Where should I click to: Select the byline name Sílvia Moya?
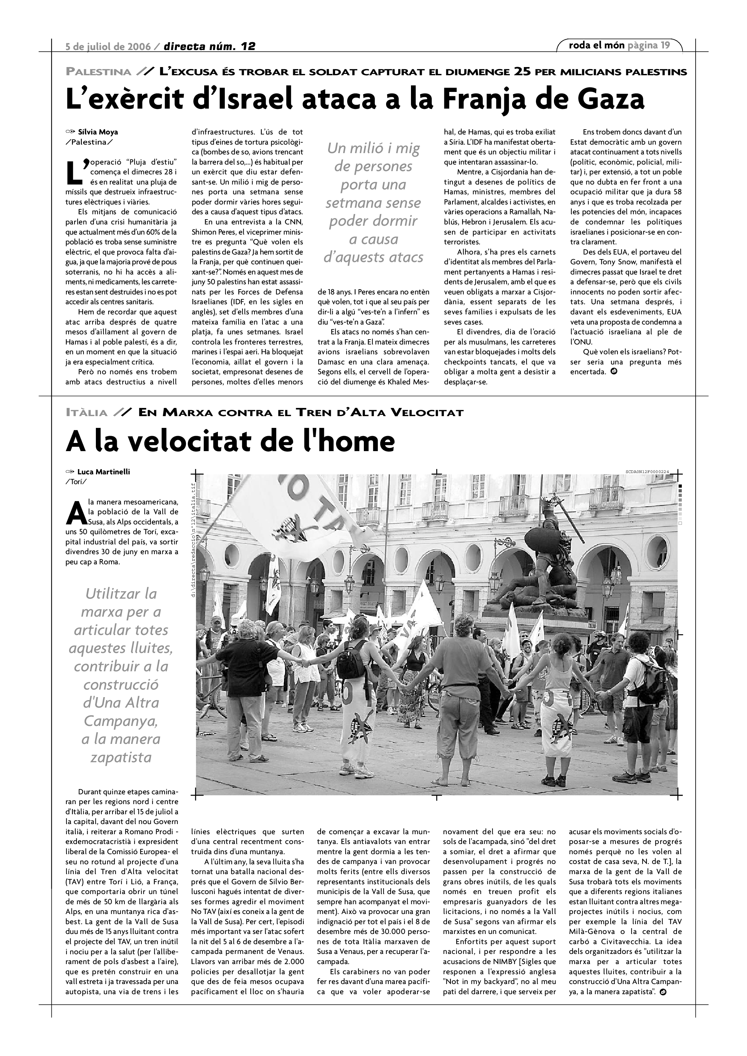coord(98,132)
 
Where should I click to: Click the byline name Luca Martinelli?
coord(103,471)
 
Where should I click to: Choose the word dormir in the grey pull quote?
coord(373,221)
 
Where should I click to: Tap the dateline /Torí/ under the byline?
coord(76,482)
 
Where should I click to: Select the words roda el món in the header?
coord(596,45)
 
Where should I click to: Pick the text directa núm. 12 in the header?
coord(209,46)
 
